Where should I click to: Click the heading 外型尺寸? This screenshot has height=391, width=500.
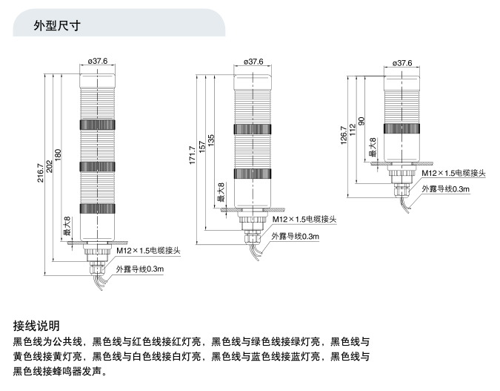point(57,25)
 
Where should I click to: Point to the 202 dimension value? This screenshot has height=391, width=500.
point(49,168)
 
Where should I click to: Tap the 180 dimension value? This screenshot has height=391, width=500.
point(58,157)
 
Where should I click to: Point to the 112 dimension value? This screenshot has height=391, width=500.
point(353,130)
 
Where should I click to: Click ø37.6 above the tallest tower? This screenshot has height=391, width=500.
point(98,62)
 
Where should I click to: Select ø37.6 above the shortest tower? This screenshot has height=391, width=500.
point(401,63)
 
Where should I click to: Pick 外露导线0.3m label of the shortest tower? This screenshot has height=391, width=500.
point(445,189)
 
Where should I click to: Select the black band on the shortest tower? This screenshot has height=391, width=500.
point(401,128)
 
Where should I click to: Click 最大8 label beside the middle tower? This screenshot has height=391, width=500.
point(220,194)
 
